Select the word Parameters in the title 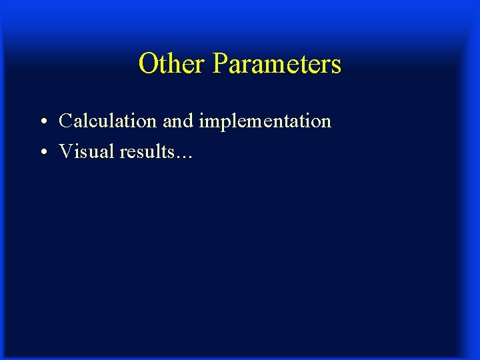[x=277, y=64]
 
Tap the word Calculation [x=108, y=121]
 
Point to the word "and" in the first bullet [x=177, y=121]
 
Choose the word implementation [x=265, y=122]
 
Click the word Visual [x=87, y=152]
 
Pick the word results [x=149, y=152]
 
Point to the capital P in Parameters [x=220, y=64]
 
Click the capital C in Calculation [x=66, y=121]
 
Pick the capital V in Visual [x=66, y=152]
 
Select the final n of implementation [x=326, y=123]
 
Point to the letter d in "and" [x=187, y=121]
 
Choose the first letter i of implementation [x=201, y=121]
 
